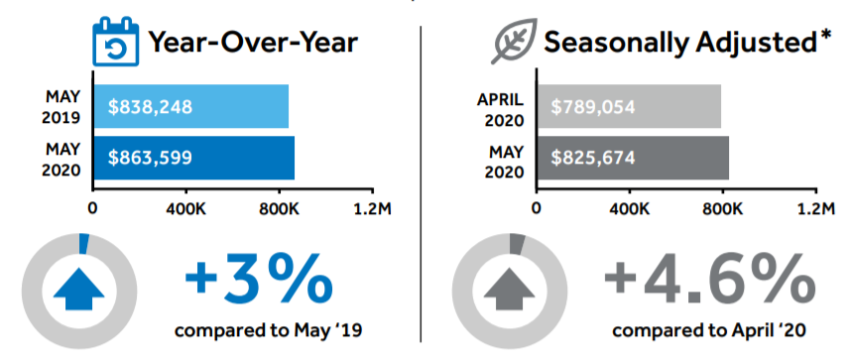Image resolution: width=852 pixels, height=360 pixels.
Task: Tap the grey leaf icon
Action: click(x=514, y=41)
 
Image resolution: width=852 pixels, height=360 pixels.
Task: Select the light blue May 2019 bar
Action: click(x=190, y=106)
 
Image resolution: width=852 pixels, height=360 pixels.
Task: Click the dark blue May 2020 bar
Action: click(x=194, y=158)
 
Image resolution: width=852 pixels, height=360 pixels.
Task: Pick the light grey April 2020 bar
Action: click(x=629, y=106)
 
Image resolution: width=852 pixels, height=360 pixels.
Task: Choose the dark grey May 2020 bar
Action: click(x=633, y=158)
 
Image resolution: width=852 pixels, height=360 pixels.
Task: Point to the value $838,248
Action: click(x=150, y=107)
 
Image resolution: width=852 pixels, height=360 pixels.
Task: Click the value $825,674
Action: click(x=593, y=158)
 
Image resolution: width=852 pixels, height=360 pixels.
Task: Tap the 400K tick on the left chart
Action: click(x=185, y=208)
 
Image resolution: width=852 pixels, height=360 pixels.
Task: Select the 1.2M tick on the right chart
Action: click(x=816, y=208)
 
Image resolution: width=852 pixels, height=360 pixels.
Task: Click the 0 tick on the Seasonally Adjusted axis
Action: click(x=537, y=208)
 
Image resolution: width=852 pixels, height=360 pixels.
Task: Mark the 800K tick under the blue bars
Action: click(x=280, y=208)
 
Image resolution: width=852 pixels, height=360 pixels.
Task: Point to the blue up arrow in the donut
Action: click(x=78, y=289)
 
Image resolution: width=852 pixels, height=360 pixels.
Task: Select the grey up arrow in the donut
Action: click(x=509, y=289)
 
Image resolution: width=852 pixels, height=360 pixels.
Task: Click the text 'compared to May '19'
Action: click(x=268, y=330)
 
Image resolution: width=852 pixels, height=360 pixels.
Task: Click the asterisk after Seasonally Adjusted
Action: click(x=825, y=36)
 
